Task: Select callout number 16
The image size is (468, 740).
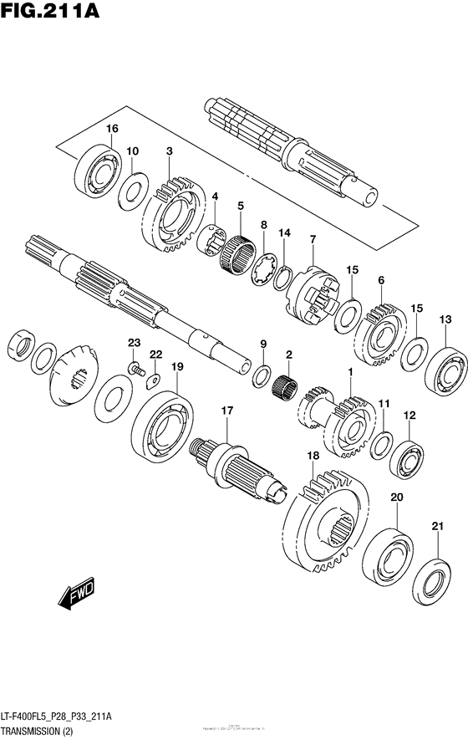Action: click(113, 128)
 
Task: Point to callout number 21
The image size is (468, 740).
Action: click(436, 526)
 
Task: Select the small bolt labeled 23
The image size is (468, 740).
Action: click(133, 367)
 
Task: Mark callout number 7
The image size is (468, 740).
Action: click(312, 239)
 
